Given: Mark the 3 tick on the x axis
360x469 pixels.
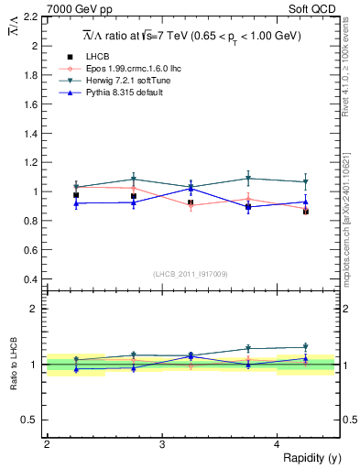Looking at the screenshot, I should [x=162, y=444].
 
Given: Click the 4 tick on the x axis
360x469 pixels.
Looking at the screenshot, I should [x=278, y=444].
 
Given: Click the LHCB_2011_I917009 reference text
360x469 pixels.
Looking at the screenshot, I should [x=191, y=273].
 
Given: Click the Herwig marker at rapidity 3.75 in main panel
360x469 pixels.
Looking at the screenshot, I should [x=248, y=179].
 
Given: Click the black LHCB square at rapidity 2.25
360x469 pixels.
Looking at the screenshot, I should [x=76, y=195].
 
